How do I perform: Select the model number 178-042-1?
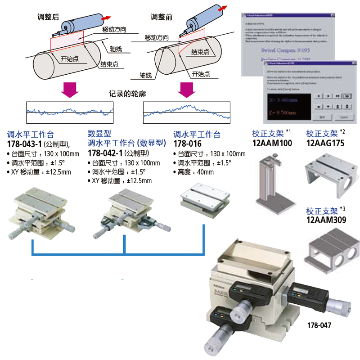coord(105,153)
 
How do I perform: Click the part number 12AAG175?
coord(326,144)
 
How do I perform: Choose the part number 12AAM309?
coord(326,220)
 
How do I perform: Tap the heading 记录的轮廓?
coord(127,95)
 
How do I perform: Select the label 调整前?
coord(162,18)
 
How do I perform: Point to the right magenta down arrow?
coord(186,89)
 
